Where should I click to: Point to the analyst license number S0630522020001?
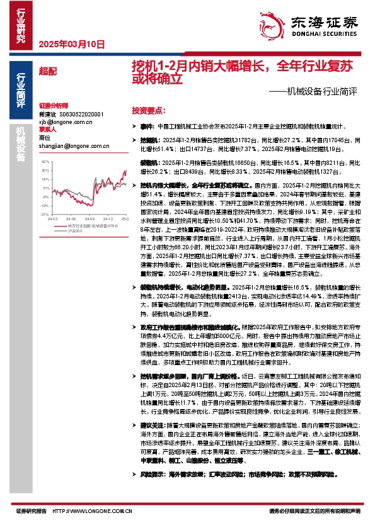[85, 115]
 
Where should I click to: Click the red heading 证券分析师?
[53, 106]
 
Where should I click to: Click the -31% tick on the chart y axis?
[45, 213]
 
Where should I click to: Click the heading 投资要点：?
[148, 110]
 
